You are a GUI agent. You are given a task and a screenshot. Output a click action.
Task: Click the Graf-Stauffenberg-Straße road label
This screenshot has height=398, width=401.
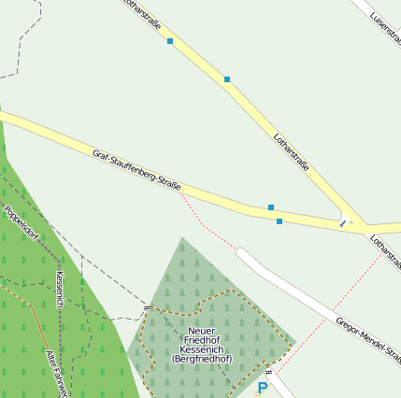click(x=136, y=170)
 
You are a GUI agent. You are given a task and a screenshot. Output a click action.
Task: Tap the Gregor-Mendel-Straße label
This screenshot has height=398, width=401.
click(x=366, y=340)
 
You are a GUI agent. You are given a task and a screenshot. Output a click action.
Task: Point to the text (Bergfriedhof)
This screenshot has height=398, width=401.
click(x=201, y=359)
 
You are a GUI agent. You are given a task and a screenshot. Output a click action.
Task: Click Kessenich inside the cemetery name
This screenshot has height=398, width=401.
click(x=201, y=349)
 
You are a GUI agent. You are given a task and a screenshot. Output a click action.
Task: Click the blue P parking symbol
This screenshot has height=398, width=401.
click(x=263, y=387)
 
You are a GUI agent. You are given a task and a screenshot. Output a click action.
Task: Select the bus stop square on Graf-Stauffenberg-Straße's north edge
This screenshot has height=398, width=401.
click(x=271, y=206)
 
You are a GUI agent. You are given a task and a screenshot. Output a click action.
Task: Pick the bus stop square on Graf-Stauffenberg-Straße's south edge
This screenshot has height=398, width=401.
click(x=279, y=221)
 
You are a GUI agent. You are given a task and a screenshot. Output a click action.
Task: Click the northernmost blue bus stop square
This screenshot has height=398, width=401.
click(x=170, y=41)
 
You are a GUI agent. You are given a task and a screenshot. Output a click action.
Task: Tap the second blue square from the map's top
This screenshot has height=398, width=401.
click(x=227, y=79)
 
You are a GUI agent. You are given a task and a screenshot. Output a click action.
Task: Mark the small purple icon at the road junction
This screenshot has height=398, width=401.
click(x=344, y=222)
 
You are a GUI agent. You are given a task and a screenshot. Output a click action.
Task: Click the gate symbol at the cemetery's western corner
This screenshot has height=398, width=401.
click(x=147, y=306)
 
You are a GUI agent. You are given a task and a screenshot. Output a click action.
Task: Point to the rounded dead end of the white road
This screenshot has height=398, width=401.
click(x=242, y=253)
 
